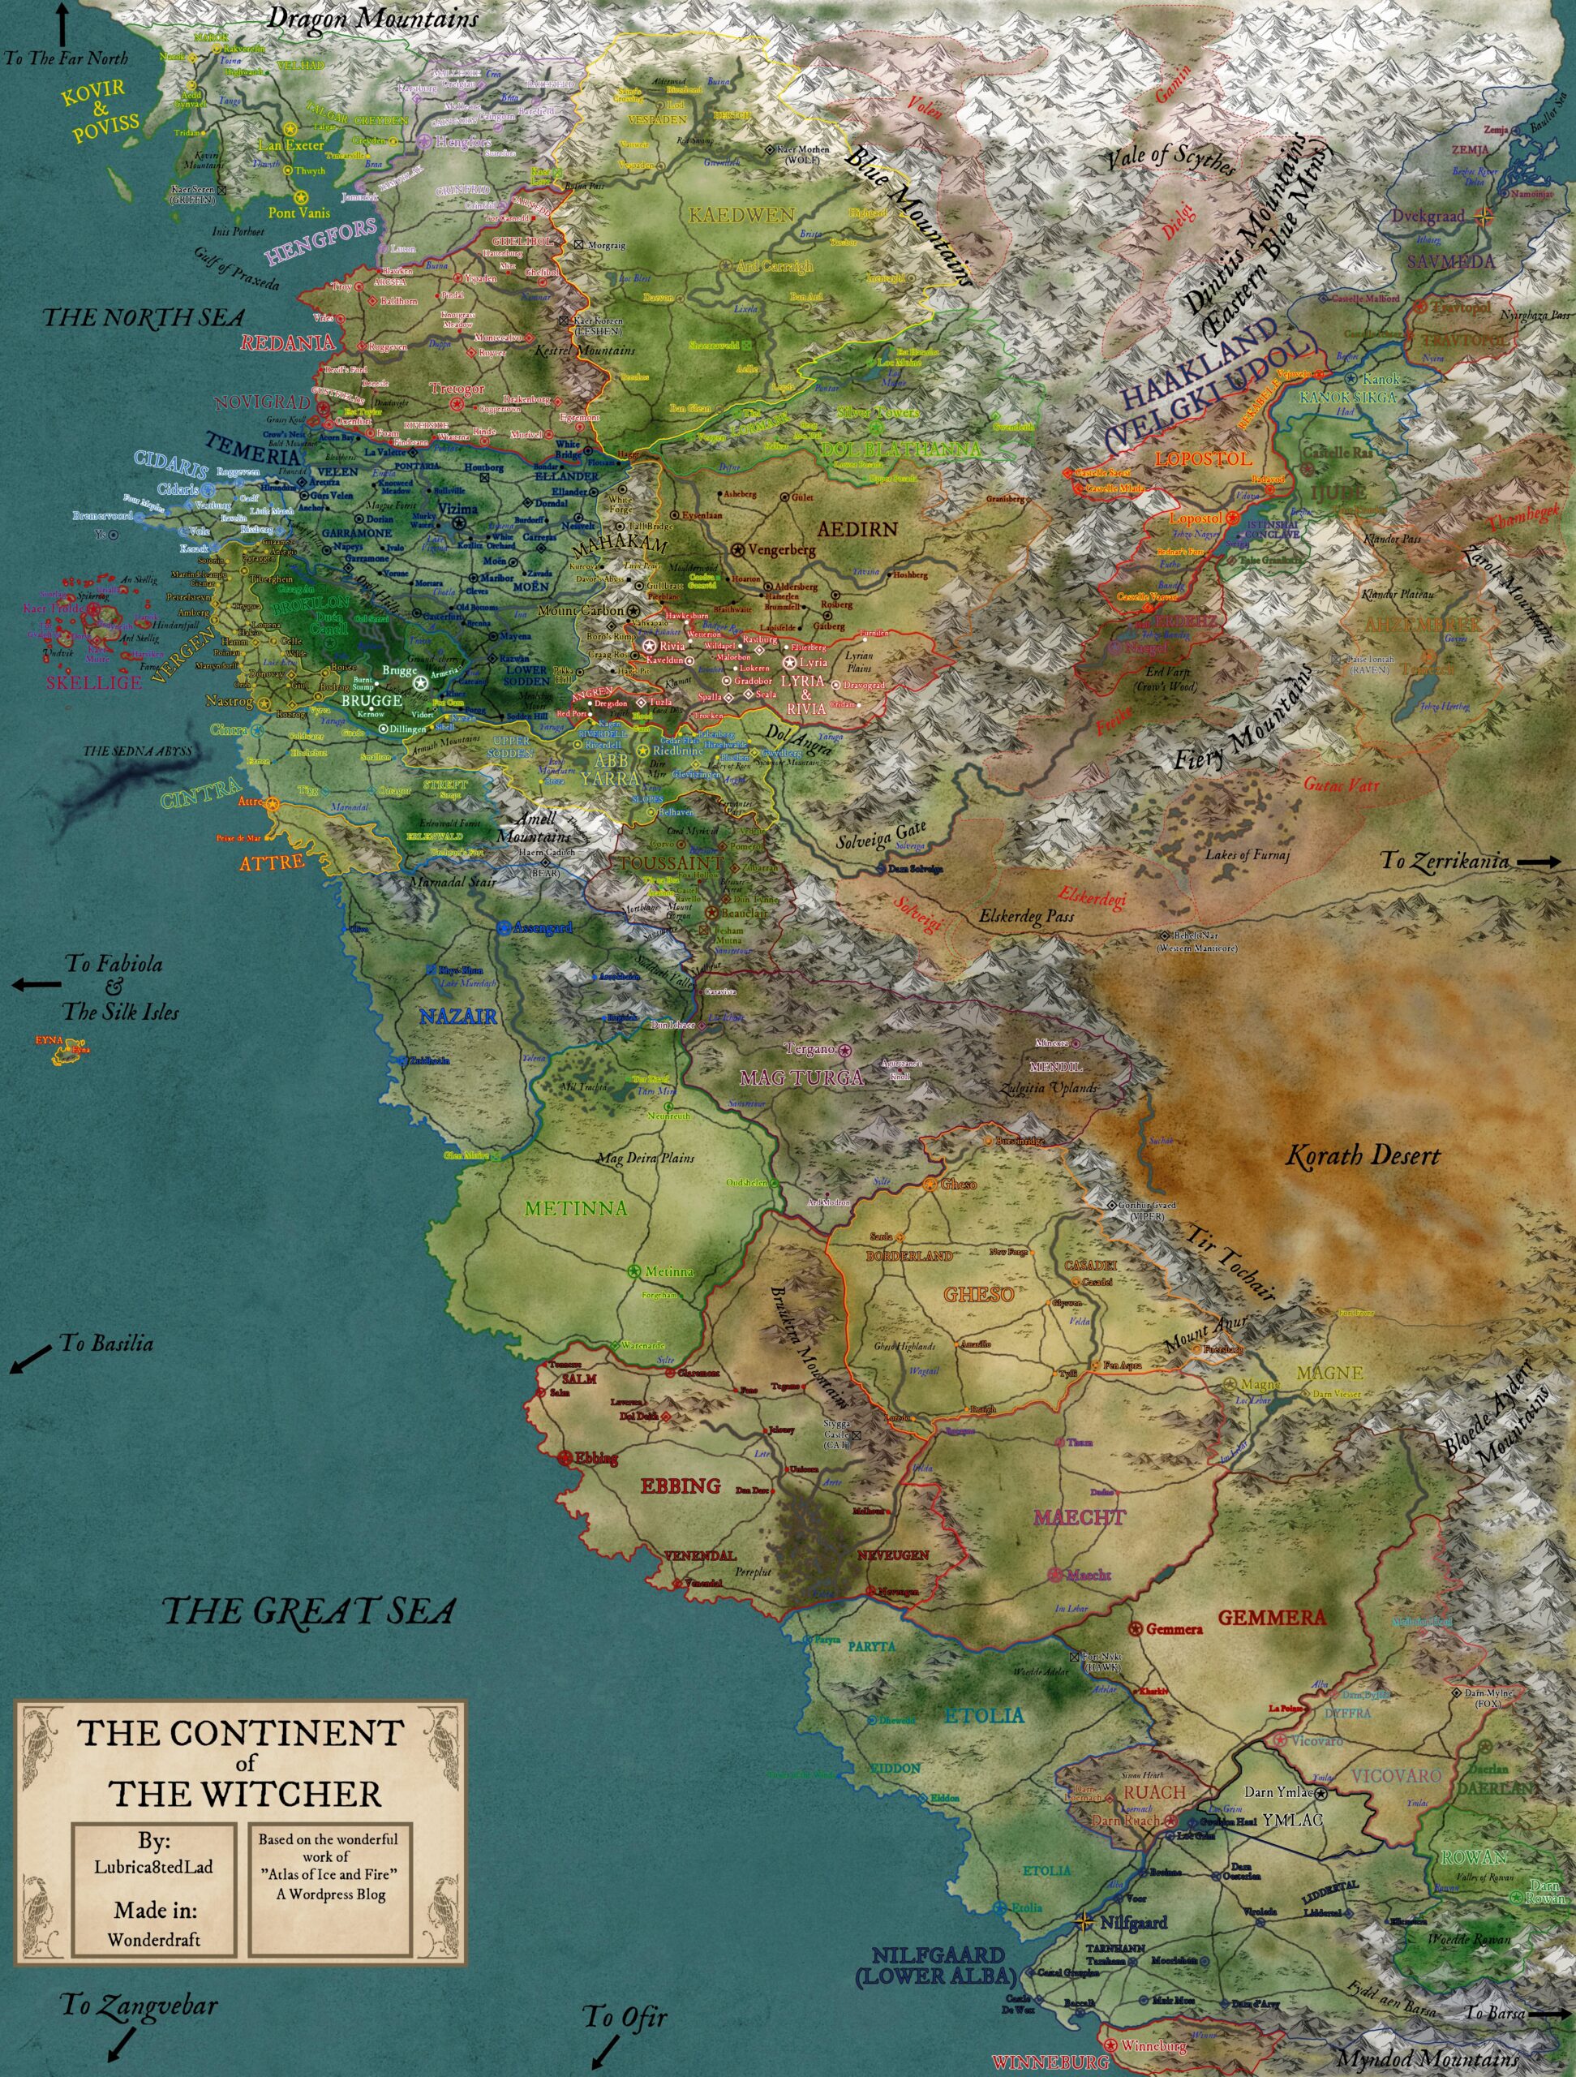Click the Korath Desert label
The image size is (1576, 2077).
pos(1361,1156)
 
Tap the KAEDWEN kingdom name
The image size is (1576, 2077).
pos(741,216)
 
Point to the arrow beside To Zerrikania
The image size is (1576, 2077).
pos(1541,861)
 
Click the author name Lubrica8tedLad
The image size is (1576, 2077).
pos(153,1866)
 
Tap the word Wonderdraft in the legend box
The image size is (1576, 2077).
pos(153,1939)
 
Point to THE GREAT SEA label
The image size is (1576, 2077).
pos(310,1611)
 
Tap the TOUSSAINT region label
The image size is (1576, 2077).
pos(671,862)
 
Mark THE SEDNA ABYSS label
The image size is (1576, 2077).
pos(137,752)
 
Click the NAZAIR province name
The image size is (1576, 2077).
pos(458,1016)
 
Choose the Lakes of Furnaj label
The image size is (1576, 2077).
pos(1247,854)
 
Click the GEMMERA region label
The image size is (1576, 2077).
pos(1271,1617)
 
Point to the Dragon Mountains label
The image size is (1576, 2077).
pos(372,17)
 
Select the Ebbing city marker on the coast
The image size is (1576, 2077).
pos(565,1458)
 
